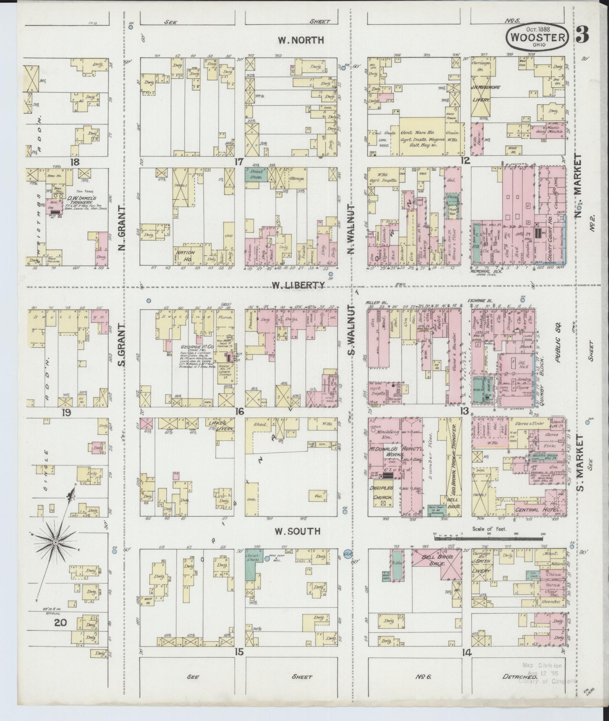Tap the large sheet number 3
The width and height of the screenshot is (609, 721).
pos(582,34)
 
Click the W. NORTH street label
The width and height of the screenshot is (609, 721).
pos(301,40)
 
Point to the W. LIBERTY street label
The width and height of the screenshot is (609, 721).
pos(298,285)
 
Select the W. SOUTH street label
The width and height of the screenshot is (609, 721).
pos(297,531)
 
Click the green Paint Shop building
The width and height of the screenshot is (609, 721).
pos(256,175)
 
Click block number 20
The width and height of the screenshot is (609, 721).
pos(61,622)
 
